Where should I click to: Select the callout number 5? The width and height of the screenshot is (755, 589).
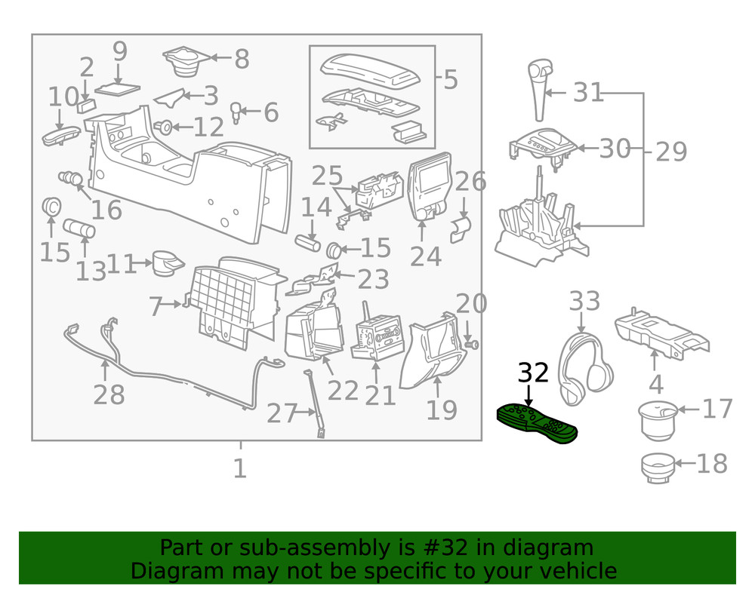[x=451, y=78]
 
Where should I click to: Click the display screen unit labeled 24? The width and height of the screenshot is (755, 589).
[x=431, y=189]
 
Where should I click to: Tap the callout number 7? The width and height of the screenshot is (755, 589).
[x=156, y=307]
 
